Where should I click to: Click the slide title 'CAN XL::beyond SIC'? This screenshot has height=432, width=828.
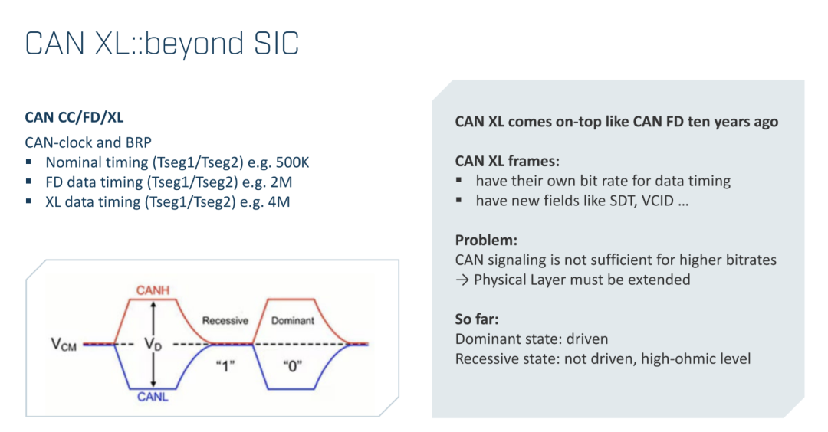162,43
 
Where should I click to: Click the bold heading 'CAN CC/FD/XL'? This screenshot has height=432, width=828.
74,117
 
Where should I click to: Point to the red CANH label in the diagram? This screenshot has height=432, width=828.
153,290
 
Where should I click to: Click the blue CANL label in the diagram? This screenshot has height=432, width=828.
153,397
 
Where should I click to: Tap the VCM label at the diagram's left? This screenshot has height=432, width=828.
64,345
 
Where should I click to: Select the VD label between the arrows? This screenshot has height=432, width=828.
153,345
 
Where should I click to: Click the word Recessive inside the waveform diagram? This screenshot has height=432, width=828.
225,320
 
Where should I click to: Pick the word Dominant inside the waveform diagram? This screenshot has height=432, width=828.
293,320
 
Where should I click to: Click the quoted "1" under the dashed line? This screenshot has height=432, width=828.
225,365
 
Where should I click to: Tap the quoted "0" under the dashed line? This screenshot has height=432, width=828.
293,365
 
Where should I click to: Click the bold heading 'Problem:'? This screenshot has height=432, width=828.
486,240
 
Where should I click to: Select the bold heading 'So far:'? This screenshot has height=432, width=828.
477,319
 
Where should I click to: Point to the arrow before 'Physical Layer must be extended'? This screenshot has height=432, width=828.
462,280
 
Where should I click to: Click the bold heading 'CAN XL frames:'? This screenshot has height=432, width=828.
508,161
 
